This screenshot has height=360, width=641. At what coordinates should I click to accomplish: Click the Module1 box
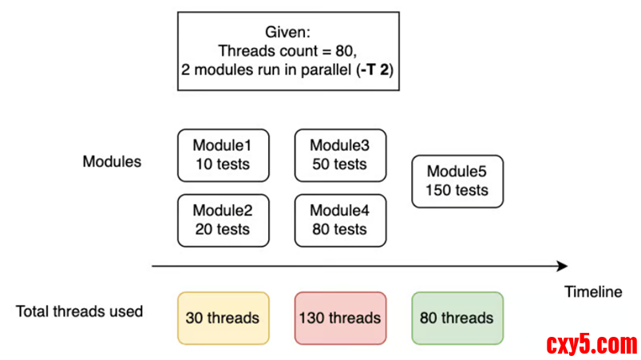click(222, 155)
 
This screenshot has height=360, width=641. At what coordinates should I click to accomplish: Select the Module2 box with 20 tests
click(222, 220)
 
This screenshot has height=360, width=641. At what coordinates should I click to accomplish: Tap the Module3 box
click(340, 155)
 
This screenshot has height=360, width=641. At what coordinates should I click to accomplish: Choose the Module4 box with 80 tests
click(340, 220)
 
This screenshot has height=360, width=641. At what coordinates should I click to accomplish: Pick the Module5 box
click(457, 181)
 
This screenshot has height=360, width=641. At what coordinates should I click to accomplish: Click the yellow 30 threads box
click(222, 318)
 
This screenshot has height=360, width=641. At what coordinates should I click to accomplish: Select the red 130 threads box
click(340, 318)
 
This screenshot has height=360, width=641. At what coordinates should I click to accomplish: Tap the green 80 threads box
click(457, 318)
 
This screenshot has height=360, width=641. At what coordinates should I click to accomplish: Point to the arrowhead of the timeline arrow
click(563, 267)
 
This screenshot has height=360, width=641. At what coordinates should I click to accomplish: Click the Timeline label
click(592, 292)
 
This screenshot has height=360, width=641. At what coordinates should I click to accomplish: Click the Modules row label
click(112, 161)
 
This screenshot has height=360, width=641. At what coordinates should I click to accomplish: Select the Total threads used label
click(79, 311)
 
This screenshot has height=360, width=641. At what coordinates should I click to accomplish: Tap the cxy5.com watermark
click(592, 345)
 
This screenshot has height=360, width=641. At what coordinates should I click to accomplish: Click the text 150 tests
click(457, 191)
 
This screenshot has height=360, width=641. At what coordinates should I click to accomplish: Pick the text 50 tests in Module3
click(340, 164)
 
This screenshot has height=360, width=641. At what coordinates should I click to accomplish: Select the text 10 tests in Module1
click(222, 164)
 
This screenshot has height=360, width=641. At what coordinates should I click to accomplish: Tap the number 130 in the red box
click(312, 318)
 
